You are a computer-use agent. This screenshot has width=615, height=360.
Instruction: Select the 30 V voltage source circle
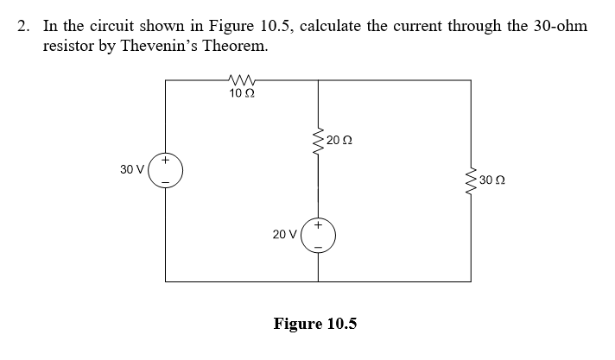(166, 171)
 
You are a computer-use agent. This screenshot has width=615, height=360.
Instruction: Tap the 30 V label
(132, 170)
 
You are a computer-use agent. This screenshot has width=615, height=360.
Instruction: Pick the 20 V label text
(284, 234)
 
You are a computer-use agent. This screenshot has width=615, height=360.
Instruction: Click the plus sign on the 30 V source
(167, 160)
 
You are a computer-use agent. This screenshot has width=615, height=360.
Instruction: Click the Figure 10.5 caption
(314, 324)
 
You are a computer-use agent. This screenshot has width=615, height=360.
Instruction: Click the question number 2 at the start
(23, 26)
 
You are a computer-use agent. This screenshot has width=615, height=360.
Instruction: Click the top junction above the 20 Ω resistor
(320, 79)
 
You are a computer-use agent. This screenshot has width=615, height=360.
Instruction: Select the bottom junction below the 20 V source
(320, 281)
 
